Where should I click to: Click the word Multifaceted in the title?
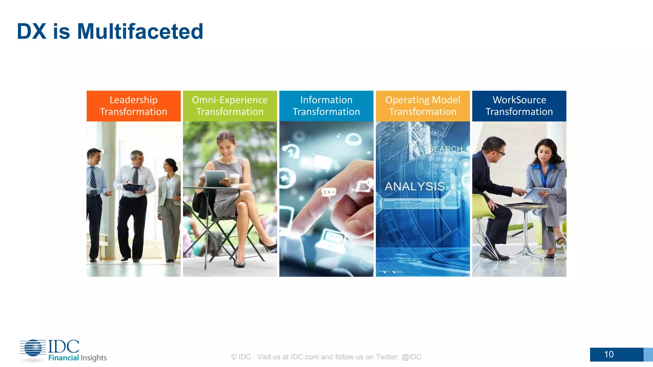140,32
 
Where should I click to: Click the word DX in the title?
31,32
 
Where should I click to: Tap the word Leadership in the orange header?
133,100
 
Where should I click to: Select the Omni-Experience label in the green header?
230,100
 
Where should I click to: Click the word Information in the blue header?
326,100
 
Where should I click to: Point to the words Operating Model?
422,100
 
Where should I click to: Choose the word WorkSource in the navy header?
519,100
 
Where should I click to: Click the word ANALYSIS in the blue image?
415,186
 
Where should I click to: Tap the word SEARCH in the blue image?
445,149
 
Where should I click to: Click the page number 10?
609,354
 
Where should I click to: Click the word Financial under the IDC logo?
63,358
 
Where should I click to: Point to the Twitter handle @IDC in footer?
411,357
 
